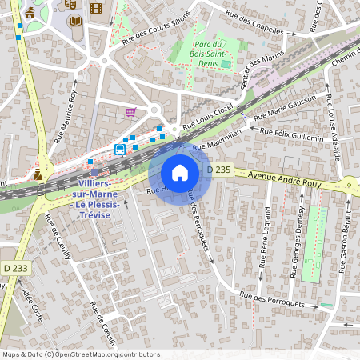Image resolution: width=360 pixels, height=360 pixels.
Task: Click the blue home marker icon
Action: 180,173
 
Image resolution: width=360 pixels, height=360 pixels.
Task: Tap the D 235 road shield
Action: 218,170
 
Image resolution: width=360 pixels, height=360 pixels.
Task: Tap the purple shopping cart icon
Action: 130,111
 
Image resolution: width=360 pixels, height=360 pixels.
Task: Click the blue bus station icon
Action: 119,149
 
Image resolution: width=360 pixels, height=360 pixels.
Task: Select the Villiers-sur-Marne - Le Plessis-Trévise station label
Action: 95,205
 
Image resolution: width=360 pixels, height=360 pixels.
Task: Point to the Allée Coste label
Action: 30,305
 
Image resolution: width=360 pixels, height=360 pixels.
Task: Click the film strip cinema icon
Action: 97,9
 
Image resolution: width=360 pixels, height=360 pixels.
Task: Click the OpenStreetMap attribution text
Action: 80,354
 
